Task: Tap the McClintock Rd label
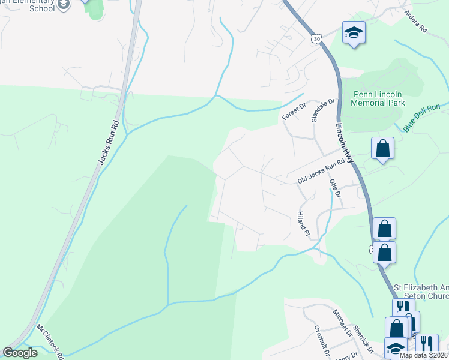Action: coord(51,342)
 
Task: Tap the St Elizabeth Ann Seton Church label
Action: coord(420,292)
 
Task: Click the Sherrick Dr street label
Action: coord(364,340)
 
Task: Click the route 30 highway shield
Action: coord(316,38)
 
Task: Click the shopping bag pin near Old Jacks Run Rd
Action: coord(382,149)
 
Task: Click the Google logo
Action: coord(20,353)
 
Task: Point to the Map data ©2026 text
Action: coord(424,355)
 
